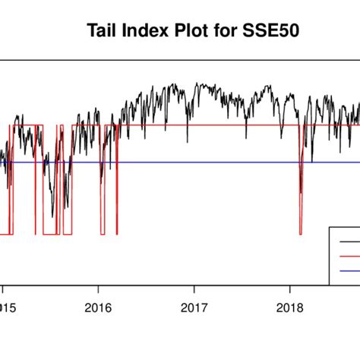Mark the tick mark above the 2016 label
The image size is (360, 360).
pos(98,289)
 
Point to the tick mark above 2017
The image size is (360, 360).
pos(194,289)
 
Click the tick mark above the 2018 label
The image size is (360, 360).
pos(290,289)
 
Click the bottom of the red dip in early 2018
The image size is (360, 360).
pos(301,234)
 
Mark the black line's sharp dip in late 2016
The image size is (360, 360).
pos(187,141)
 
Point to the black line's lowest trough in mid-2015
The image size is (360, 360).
pos(52,216)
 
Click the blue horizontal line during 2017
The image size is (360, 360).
pos(194,162)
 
